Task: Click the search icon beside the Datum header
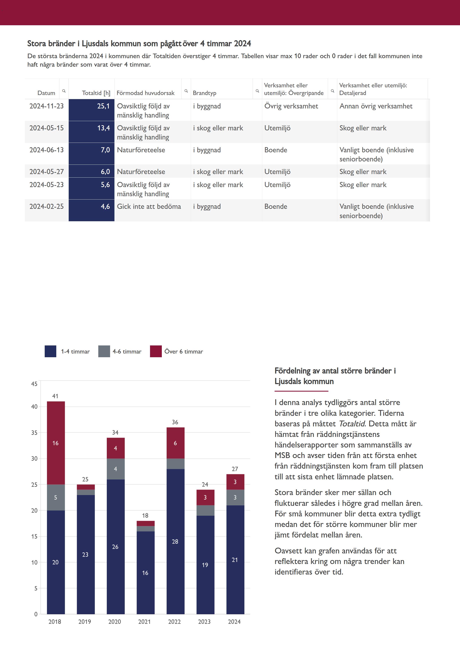[x=64, y=91]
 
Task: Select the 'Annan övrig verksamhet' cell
[x=376, y=106]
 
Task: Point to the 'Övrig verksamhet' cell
[x=291, y=106]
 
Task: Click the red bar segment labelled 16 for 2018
[x=56, y=443]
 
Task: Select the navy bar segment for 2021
[x=145, y=572]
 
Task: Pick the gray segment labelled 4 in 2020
[x=116, y=469]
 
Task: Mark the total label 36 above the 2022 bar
[x=175, y=422]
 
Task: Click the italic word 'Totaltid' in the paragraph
[x=352, y=424]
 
